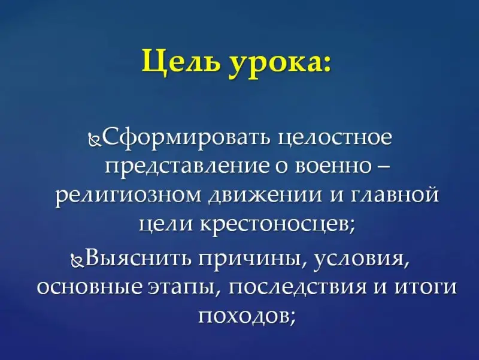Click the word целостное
coord(336,139)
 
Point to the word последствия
coord(296,289)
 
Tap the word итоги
coord(426,289)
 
